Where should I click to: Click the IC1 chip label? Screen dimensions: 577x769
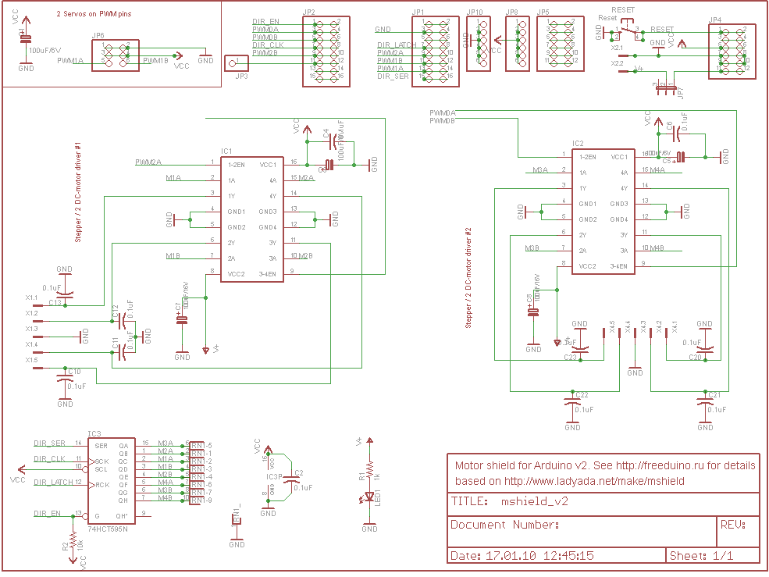226,151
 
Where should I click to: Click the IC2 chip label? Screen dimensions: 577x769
578,144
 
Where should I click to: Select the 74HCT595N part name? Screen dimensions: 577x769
107,529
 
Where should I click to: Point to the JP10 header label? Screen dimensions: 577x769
475,12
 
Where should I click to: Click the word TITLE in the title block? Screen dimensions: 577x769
470,502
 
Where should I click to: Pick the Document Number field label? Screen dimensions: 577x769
504,525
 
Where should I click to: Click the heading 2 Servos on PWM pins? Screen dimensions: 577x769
94,15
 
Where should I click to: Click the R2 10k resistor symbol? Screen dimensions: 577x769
73,541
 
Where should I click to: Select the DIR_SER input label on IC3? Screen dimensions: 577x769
50,443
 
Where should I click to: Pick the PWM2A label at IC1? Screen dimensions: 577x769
148,162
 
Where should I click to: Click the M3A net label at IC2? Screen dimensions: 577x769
541,169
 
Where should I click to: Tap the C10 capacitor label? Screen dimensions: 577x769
74,372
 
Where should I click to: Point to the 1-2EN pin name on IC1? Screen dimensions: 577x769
237,165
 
